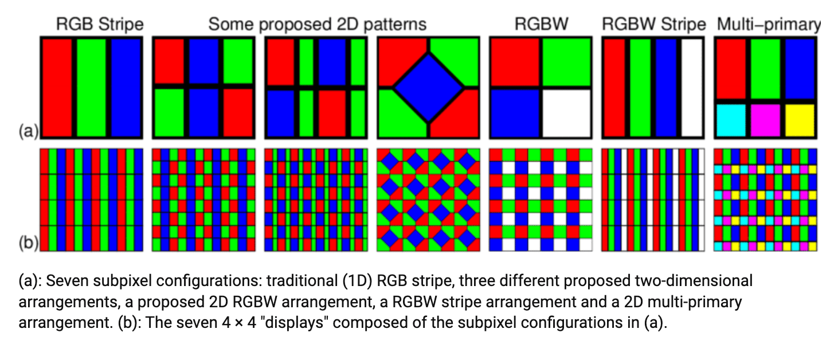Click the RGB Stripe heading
(x=100, y=25)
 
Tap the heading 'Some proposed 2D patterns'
(x=317, y=25)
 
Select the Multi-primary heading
(x=768, y=25)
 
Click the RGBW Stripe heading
(x=653, y=25)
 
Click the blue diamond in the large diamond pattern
(x=428, y=87)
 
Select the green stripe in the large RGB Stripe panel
(x=91, y=87)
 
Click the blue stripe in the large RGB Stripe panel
(x=126, y=87)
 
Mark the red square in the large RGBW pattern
(x=514, y=62)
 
